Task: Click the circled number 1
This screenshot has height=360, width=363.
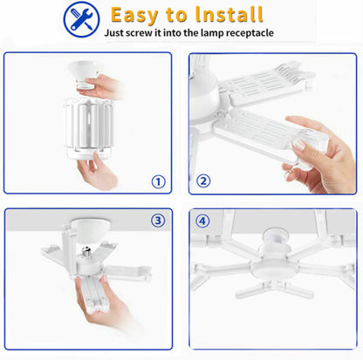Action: pyautogui.click(x=158, y=181)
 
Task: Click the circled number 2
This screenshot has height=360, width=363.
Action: pyautogui.click(x=203, y=181)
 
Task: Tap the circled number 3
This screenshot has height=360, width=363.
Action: pyautogui.click(x=158, y=221)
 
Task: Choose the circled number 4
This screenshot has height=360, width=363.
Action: pyautogui.click(x=203, y=221)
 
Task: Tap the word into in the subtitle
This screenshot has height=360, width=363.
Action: pyautogui.click(x=176, y=32)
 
